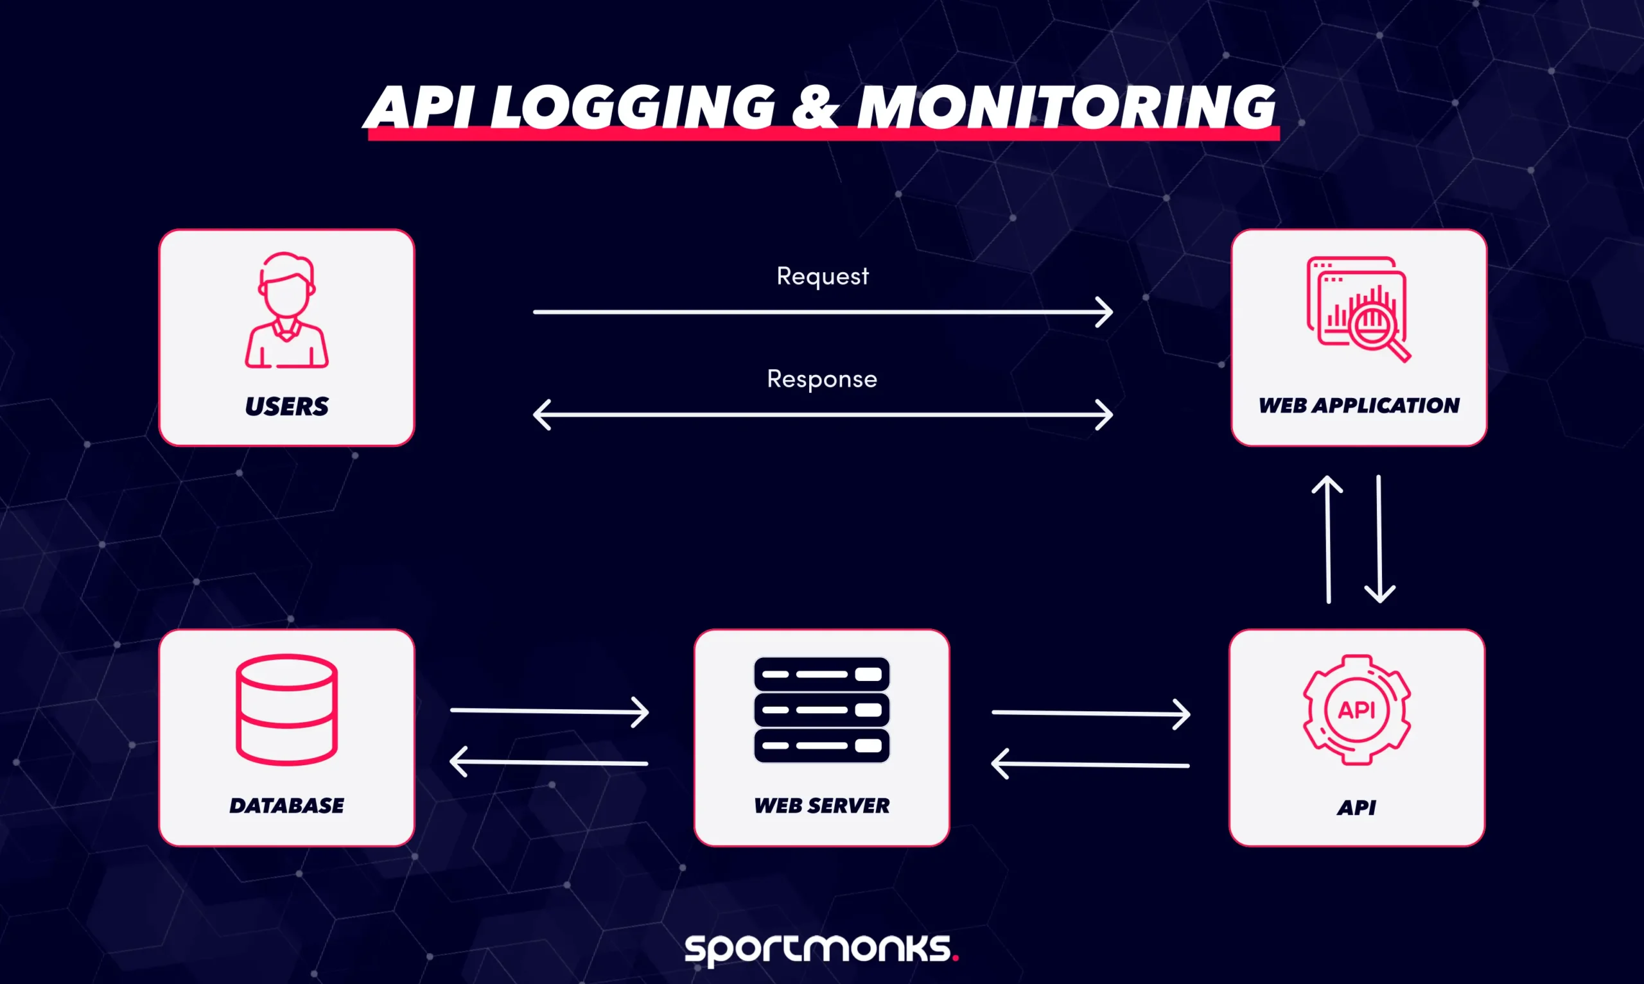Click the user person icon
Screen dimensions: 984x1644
tap(286, 309)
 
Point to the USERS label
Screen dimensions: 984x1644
tap(286, 406)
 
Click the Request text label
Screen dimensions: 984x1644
tap(823, 276)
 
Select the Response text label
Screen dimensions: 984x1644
tap(823, 379)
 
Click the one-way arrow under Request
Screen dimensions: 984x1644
tap(823, 312)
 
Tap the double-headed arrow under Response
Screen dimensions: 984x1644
tap(823, 415)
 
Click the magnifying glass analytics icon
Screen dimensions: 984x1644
tap(1359, 309)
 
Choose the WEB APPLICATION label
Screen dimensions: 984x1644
tap(1359, 405)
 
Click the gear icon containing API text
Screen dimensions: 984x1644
tap(1357, 709)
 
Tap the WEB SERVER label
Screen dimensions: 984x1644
tap(821, 805)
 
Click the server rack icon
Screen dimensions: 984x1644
tap(821, 709)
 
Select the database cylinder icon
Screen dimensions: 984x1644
tap(286, 709)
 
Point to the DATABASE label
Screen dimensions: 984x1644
tap(286, 805)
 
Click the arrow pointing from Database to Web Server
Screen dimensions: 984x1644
tap(549, 711)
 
